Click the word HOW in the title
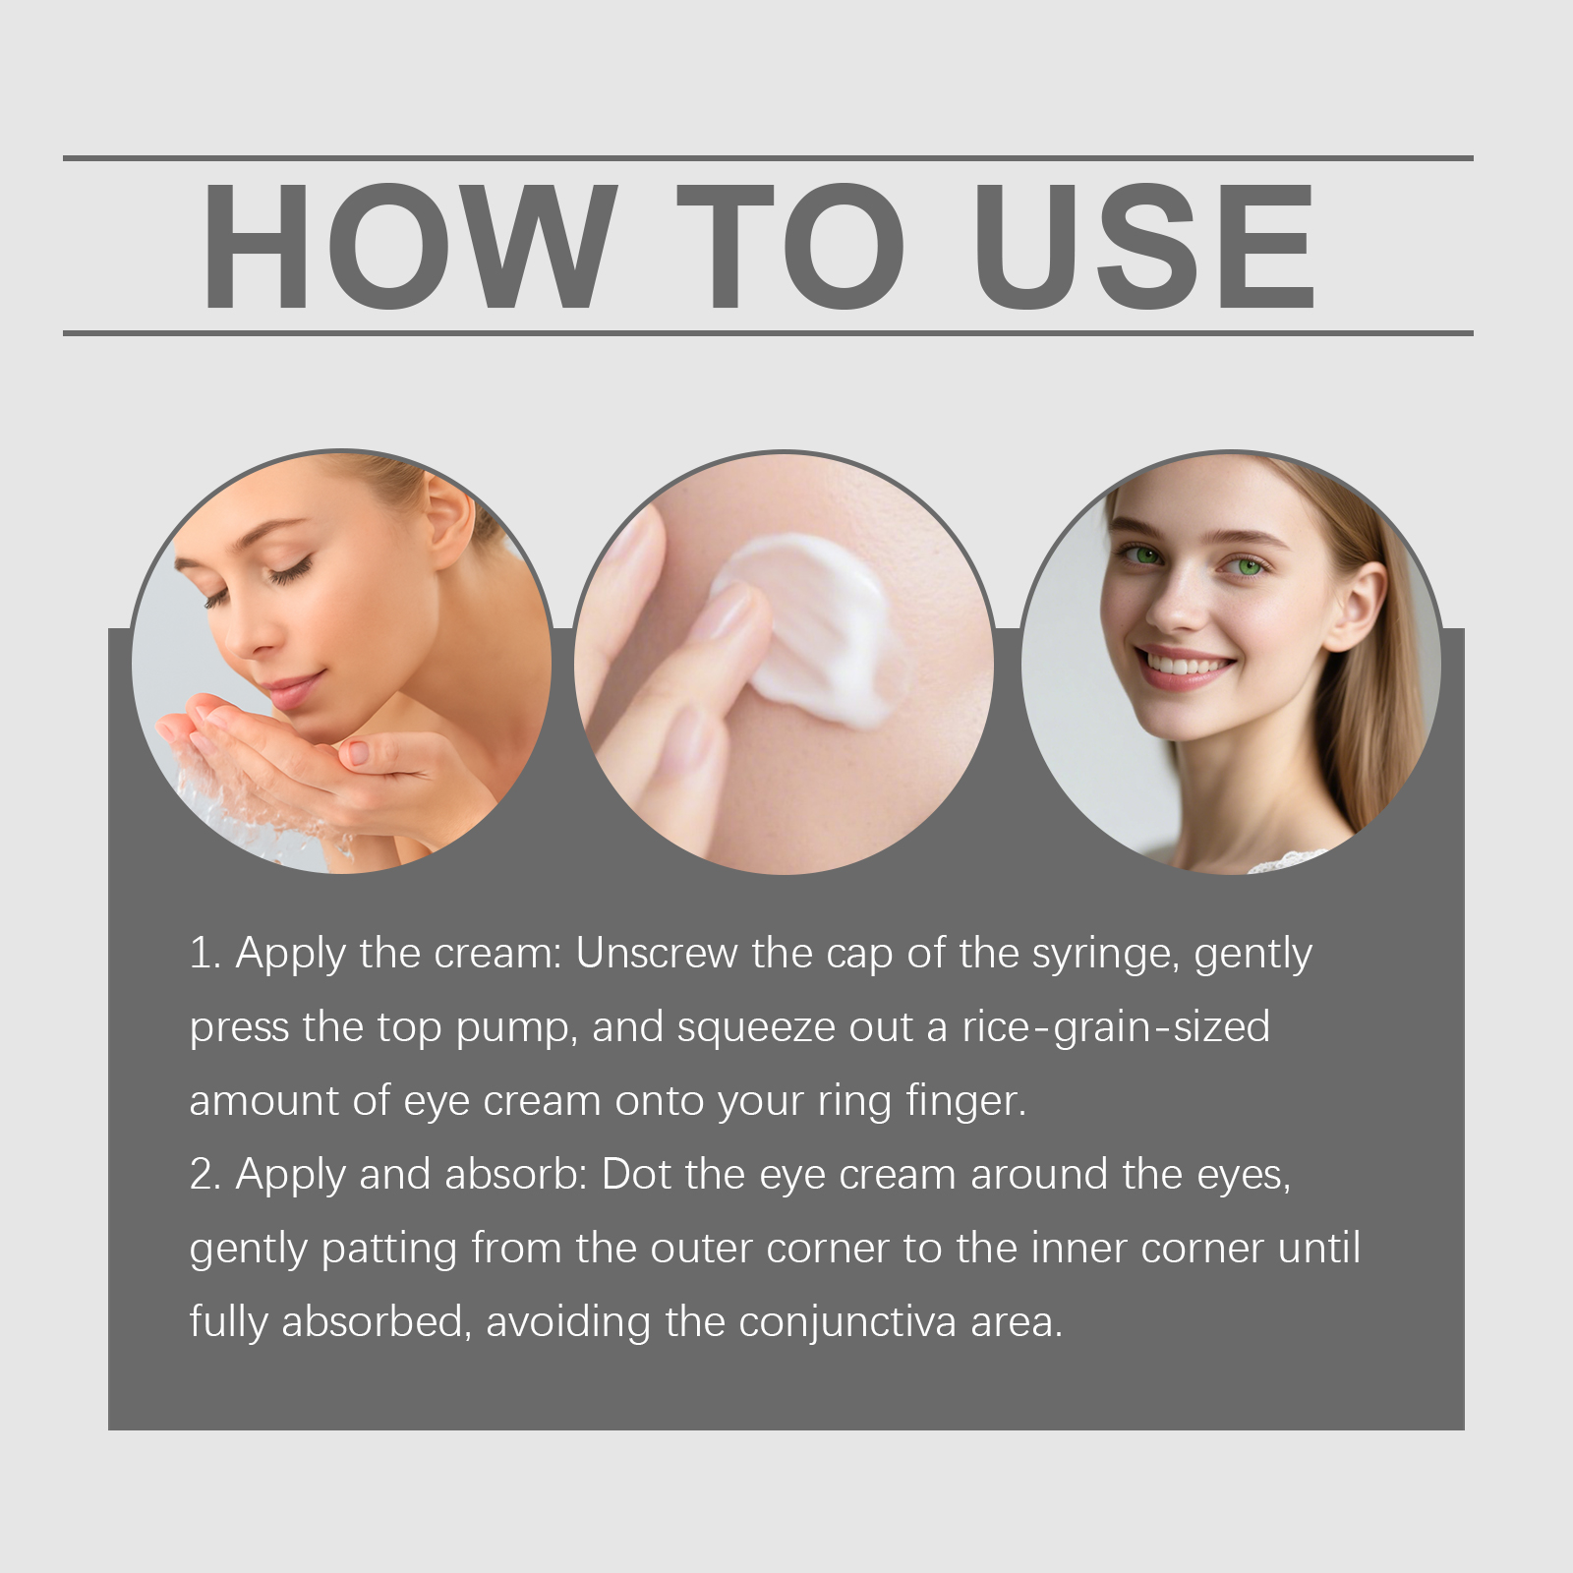(x=409, y=247)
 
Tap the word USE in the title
(x=1144, y=247)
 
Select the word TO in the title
(x=791, y=247)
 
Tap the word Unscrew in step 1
(x=657, y=953)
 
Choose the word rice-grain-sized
(x=1116, y=1028)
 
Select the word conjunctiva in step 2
(x=847, y=1323)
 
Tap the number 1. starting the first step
(x=205, y=953)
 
